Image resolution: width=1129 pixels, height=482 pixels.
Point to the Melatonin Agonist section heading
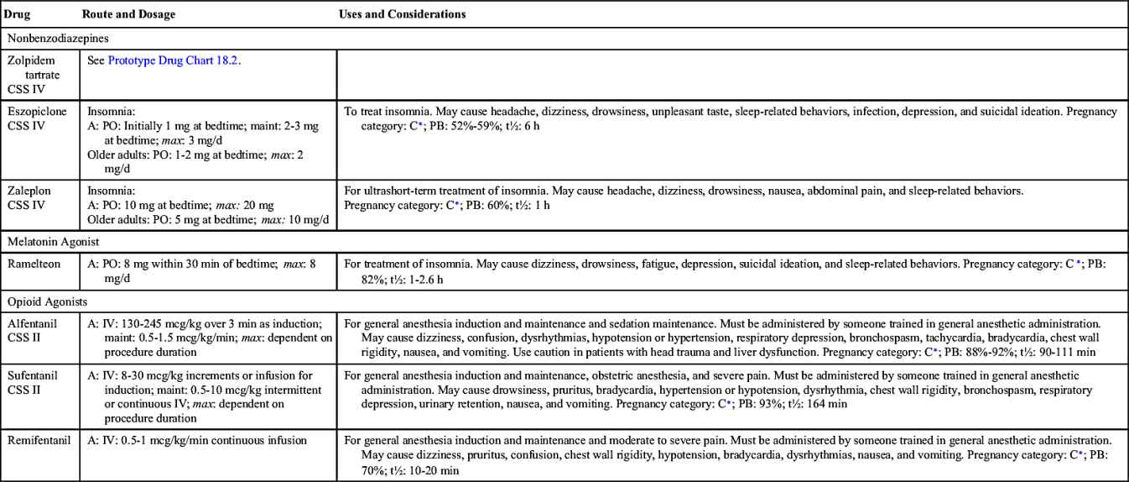click(54, 242)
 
